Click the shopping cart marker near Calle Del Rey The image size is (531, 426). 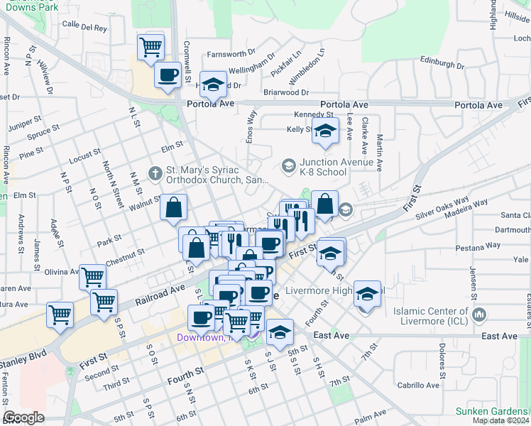151,48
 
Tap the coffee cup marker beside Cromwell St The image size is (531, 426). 168,75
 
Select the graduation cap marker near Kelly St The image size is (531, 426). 325,133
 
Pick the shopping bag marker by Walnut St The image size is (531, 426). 174,209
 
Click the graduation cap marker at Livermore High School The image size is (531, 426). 366,295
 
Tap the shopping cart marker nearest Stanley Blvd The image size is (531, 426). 60,313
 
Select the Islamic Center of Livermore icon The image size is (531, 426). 480,313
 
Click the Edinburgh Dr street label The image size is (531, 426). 442,63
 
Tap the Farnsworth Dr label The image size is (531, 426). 231,54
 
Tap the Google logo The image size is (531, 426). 24,417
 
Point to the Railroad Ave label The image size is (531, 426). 160,294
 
